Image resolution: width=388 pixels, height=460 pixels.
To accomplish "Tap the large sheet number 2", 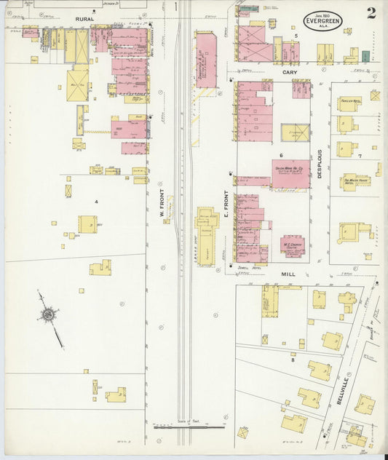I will [371, 12].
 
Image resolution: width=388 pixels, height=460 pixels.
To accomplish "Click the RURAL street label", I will [84, 19].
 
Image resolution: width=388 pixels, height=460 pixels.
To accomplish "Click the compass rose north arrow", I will [49, 314].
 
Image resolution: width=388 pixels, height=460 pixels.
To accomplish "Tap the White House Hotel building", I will [355, 181].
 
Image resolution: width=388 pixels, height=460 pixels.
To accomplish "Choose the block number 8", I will [293, 360].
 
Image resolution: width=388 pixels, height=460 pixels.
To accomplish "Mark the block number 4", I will [95, 199].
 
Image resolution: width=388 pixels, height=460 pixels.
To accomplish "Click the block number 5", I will [296, 35].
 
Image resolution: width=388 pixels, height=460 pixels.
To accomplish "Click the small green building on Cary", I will [365, 56].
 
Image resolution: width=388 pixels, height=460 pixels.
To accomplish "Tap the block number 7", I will [359, 156].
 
